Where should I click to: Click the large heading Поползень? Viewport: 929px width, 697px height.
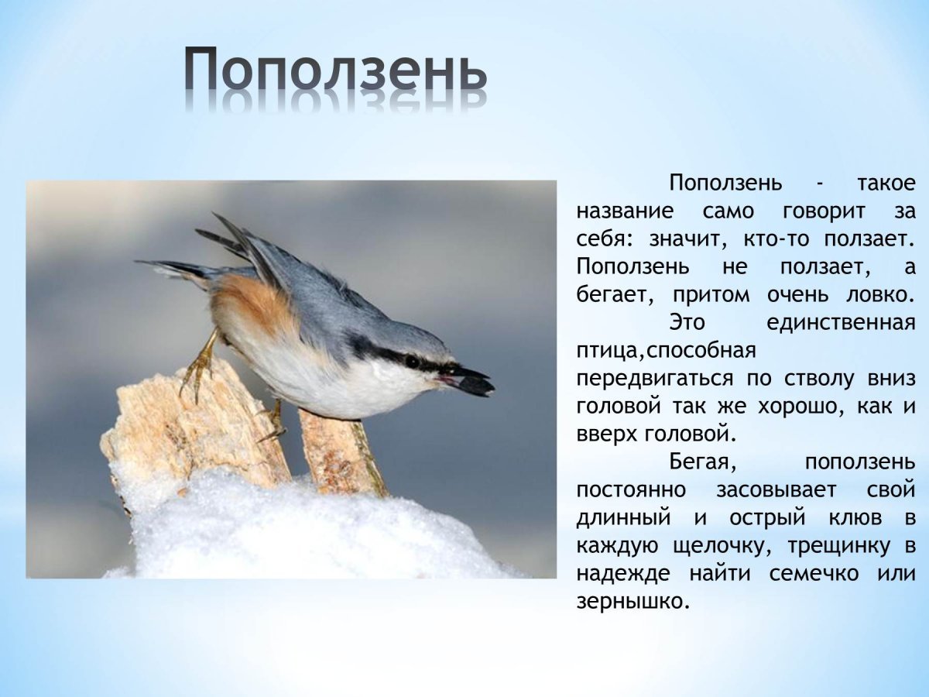coord(336,71)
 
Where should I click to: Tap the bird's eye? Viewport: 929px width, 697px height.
coord(412,362)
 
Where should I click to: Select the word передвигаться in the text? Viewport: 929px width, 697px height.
coord(654,379)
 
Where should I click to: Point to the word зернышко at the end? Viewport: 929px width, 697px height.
coord(632,601)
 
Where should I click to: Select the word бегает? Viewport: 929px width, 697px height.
coord(613,295)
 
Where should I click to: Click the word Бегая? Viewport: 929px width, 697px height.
coord(700,462)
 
